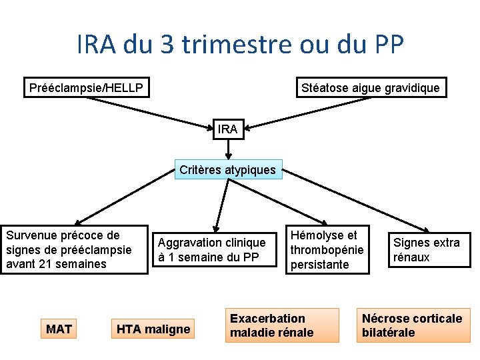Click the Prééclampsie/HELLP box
coord(87,87)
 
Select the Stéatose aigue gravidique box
coord(371,87)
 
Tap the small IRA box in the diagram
coord(227,129)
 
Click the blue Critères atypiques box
coord(227,169)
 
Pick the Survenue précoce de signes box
coord(74,250)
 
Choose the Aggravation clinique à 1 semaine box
coord(212,250)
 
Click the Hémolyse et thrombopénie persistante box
coord(327,250)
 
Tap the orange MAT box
coord(59,328)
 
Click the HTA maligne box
coord(153,328)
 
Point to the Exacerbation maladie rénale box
coord(281,325)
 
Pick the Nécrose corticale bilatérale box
coord(412,325)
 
